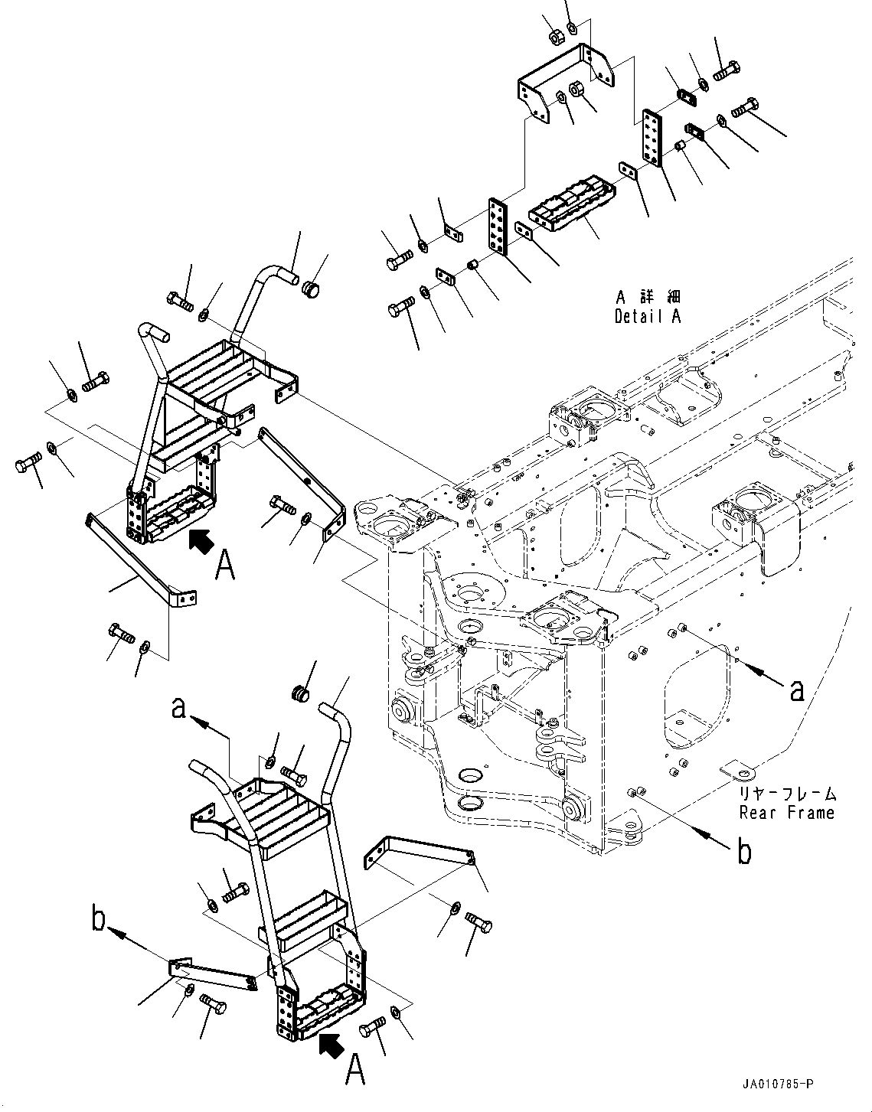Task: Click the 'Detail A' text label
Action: pyautogui.click(x=647, y=316)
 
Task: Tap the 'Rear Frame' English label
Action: pyautogui.click(x=786, y=813)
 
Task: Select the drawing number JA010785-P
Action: pyautogui.click(x=776, y=1084)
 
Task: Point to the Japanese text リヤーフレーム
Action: pyautogui.click(x=787, y=794)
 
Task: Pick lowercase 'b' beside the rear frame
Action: pyautogui.click(x=744, y=851)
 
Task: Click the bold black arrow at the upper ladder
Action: pyautogui.click(x=201, y=541)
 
